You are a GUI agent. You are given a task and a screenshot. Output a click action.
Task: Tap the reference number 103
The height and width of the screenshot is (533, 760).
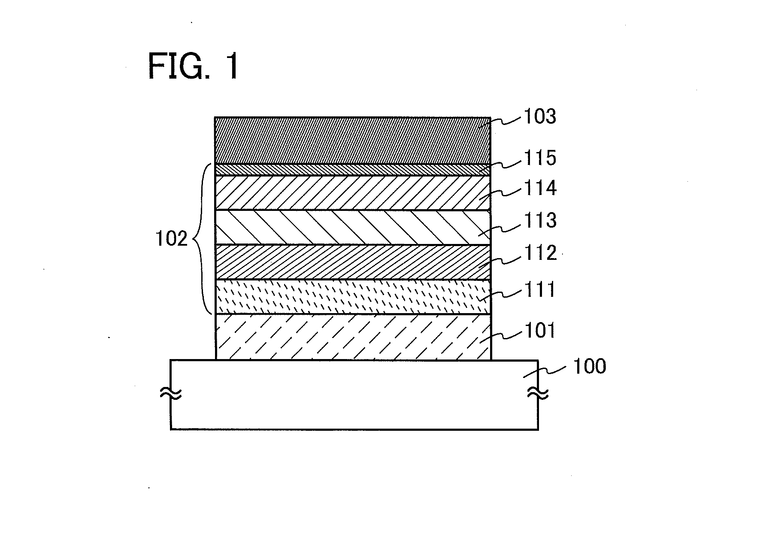point(539,116)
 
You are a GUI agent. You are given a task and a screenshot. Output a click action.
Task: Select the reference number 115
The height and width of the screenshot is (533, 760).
point(539,158)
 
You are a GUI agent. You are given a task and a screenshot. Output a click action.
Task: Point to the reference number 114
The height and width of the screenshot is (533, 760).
point(539,188)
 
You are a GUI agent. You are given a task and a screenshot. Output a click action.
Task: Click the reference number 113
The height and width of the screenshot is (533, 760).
point(539,220)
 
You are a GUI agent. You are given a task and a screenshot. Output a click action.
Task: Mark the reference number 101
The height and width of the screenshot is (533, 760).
point(539,331)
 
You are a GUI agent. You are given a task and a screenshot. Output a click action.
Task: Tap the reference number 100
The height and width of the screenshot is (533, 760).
point(590,366)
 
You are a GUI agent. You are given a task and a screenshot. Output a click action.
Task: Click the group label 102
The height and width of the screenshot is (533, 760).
point(172,239)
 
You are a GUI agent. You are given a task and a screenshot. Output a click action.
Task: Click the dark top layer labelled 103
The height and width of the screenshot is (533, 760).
point(352,140)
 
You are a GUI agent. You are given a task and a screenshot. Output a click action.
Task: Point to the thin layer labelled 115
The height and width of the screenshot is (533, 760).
point(352,170)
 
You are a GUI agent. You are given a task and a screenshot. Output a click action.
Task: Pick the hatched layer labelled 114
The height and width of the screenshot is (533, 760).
point(352,193)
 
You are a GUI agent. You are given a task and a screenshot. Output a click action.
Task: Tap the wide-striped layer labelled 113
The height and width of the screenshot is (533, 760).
point(352,228)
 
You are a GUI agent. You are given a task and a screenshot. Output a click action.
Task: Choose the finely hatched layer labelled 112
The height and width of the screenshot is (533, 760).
point(352,262)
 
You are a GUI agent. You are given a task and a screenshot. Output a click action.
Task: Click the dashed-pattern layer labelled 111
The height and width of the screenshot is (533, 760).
point(352,297)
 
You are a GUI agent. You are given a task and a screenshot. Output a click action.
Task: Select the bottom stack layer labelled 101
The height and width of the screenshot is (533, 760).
point(352,337)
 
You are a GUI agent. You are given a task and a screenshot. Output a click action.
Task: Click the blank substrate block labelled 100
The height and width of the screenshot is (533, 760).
point(354,394)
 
